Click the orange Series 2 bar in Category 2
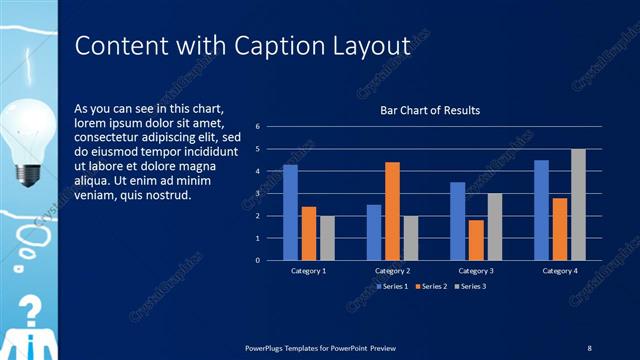392,211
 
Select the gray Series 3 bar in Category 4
578,204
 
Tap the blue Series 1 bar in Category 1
290,212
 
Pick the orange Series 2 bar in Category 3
476,240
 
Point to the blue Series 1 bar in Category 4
541,210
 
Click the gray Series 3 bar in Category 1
327,238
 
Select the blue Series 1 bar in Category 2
374,232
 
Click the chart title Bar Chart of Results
430,110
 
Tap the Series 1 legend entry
390,286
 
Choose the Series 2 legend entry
431,286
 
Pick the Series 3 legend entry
470,286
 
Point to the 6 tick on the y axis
258,127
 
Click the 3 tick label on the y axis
258,194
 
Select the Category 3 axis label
476,271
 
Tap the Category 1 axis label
309,271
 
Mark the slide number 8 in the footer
589,347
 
